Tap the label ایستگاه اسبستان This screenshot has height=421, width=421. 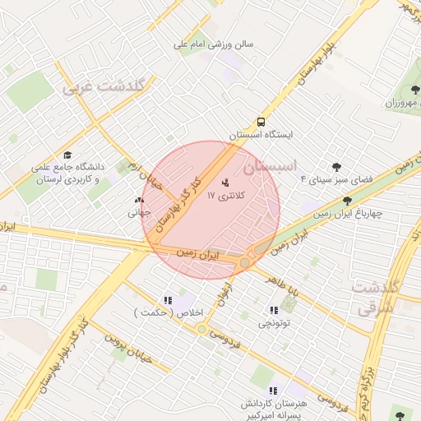coord(261,134)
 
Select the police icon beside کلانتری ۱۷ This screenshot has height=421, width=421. coord(226,182)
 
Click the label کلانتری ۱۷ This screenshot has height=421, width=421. coord(226,196)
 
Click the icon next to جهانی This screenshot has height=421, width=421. coord(137,200)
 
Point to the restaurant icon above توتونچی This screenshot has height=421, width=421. coord(272,310)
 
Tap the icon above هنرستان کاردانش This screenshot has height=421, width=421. coord(273,391)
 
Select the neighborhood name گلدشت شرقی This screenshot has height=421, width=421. coord(374,298)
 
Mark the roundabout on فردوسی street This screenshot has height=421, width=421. coord(201,330)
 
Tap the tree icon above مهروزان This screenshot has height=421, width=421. coord(410,90)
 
